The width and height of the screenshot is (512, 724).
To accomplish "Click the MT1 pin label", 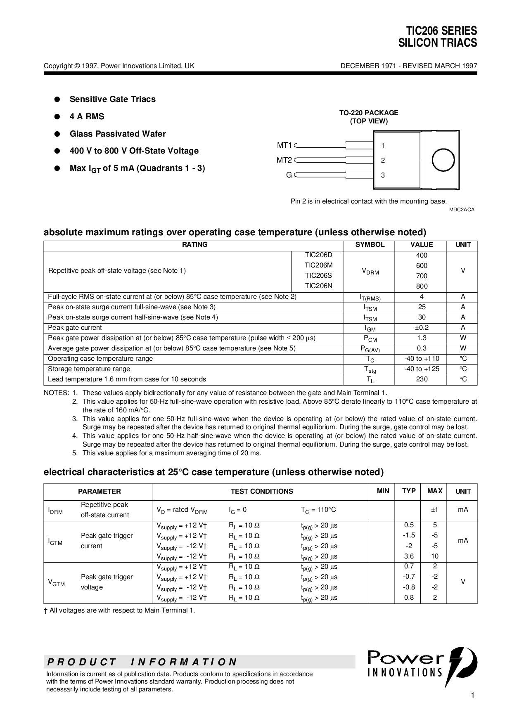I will point(284,145).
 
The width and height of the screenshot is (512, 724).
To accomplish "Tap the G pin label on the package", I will point(289,175).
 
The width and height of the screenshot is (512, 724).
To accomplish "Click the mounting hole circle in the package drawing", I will point(443,160).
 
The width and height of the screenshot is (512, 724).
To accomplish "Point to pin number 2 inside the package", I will point(383,160).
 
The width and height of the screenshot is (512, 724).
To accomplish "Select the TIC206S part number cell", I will point(318,276).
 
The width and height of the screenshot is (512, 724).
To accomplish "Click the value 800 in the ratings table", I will point(422,286).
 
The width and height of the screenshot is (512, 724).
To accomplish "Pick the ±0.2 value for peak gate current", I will point(422,328).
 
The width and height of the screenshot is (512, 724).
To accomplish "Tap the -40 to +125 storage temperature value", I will point(422,369).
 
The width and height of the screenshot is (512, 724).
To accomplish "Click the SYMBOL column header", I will point(370,245).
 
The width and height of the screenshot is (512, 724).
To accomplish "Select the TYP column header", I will point(409,491).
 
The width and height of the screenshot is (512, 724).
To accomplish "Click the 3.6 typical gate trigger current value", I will point(409,556).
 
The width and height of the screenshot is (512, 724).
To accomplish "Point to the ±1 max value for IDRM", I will point(434,510).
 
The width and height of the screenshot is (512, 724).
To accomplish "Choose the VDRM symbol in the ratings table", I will point(370,271).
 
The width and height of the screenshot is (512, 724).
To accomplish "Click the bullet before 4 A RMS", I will point(57,117).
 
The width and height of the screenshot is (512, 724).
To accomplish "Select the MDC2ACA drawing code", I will point(462,210).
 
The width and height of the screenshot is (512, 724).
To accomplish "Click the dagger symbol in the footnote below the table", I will point(46,610).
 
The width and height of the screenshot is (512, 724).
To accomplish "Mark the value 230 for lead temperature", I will point(422,379).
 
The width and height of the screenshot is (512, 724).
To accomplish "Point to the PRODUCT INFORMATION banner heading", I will point(142,662).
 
